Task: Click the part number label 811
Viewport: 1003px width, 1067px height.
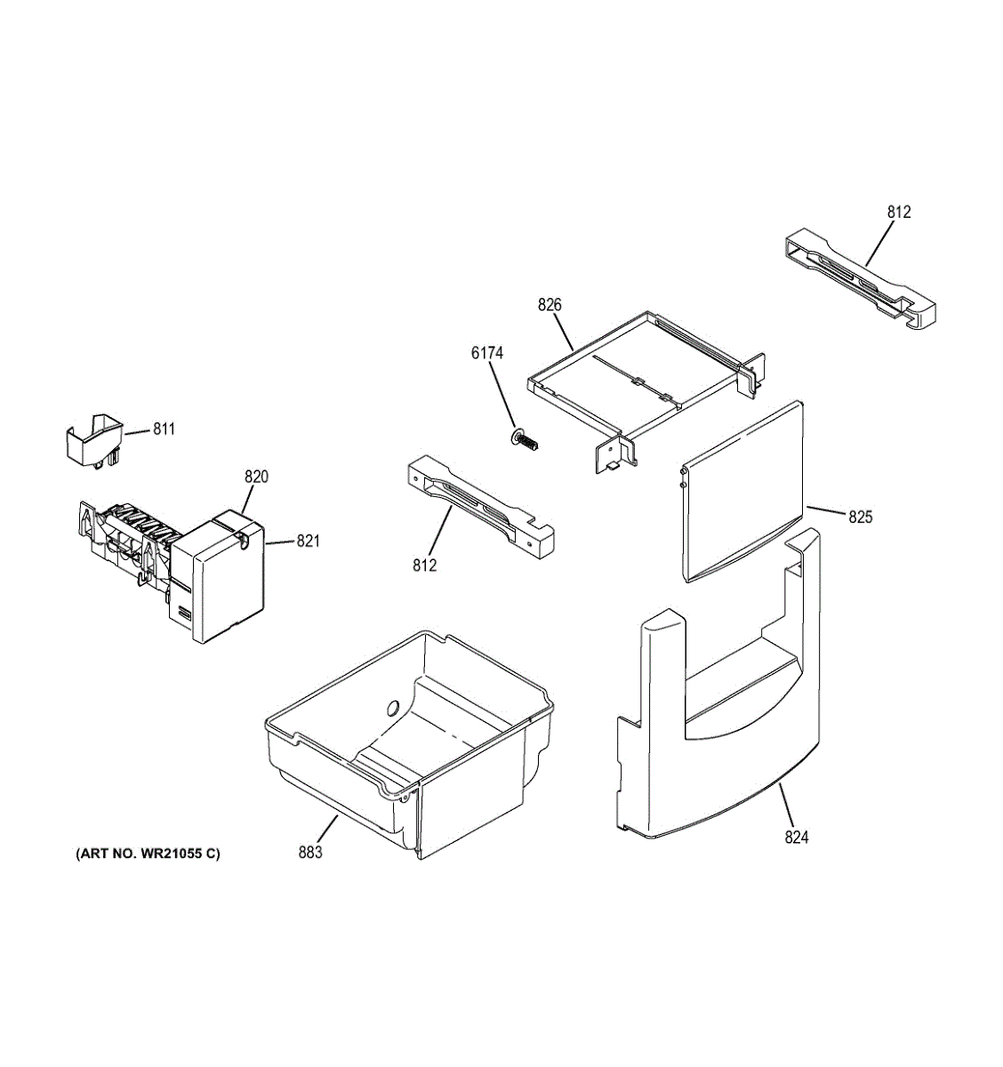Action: (x=164, y=429)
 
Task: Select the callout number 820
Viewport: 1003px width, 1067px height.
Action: (x=256, y=477)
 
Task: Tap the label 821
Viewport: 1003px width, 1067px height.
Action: (x=308, y=541)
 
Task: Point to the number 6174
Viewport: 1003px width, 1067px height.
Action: (x=486, y=353)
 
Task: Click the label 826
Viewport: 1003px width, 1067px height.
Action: (x=550, y=305)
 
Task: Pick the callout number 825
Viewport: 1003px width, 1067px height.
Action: (x=860, y=516)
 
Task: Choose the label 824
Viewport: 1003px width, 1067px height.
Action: (x=797, y=837)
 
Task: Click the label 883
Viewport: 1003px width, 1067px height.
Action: (x=310, y=852)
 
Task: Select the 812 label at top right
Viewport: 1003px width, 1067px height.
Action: (x=899, y=213)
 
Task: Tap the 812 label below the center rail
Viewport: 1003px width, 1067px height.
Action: (x=425, y=565)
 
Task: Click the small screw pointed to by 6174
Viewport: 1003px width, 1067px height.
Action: (x=526, y=440)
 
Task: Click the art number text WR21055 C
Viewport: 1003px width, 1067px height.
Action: (x=148, y=854)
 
